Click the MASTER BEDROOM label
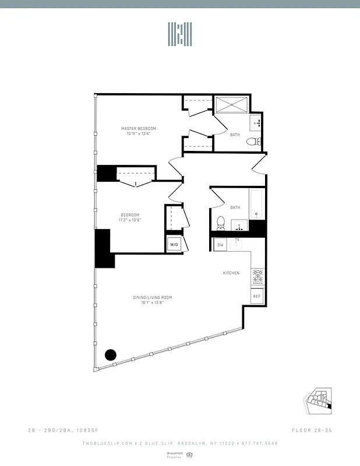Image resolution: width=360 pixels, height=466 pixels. (139, 129)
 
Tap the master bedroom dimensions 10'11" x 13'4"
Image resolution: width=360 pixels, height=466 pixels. (139, 134)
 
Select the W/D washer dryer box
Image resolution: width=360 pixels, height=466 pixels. (174, 245)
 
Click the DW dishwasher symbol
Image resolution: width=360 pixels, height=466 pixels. (220, 245)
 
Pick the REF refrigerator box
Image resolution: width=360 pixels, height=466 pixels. (256, 296)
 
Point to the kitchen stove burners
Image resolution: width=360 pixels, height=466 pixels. (256, 277)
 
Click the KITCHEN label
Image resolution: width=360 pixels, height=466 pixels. (231, 273)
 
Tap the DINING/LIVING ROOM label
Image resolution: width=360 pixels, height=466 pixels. (153, 298)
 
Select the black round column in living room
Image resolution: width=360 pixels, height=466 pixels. (110, 355)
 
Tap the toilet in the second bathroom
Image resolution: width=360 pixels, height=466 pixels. (220, 222)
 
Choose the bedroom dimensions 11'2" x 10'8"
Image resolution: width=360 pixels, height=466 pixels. (130, 220)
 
